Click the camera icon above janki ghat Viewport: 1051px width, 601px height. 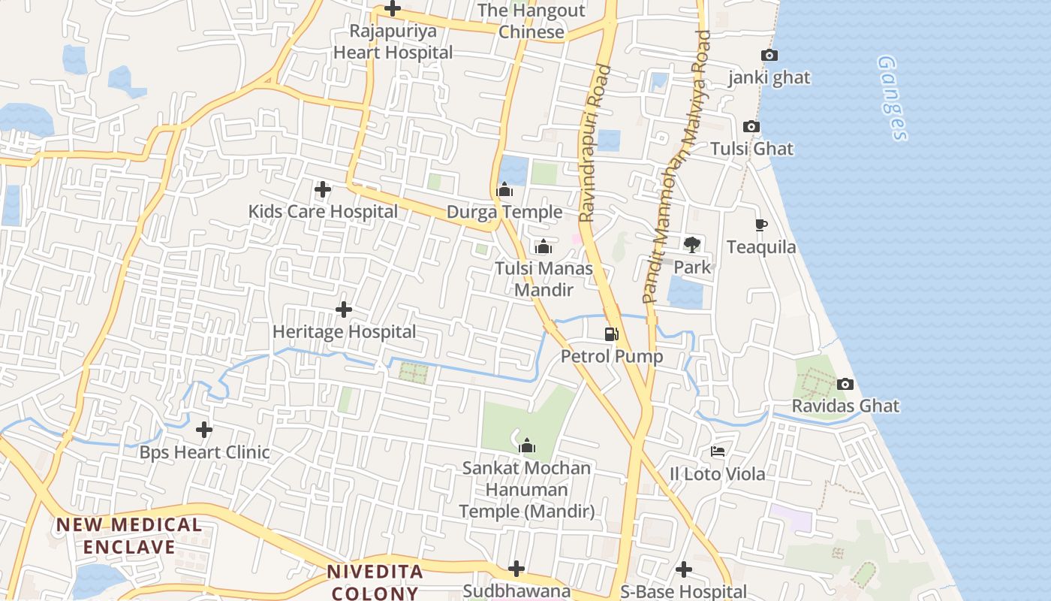pos(769,55)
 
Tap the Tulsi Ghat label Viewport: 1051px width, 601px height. pos(751,149)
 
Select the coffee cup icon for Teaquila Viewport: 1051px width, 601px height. pos(760,225)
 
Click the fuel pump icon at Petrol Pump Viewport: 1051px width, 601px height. pos(612,334)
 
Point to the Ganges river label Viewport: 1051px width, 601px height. pos(892,98)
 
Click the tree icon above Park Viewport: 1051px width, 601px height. pos(691,243)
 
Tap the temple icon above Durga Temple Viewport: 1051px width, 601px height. pos(504,189)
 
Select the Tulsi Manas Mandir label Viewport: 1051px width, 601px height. pos(544,279)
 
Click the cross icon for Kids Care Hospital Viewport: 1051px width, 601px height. pos(323,189)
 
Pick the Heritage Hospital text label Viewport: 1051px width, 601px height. pos(344,331)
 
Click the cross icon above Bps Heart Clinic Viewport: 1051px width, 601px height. pos(204,430)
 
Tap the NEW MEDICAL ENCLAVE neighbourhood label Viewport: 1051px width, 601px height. pos(129,536)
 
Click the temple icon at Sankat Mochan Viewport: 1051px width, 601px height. pos(527,445)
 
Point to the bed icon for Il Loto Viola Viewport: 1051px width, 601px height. pos(718,452)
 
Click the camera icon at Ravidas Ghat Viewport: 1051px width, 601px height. pos(845,384)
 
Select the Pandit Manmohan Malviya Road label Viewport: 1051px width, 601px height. pos(676,167)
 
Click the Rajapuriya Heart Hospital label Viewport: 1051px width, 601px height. pos(393,42)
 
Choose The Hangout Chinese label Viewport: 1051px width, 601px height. pos(532,21)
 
